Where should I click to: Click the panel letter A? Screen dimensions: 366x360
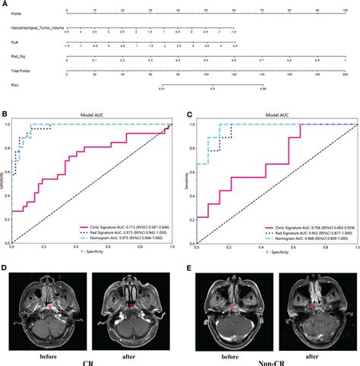click(5, 4)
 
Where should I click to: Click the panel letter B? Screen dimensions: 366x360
click(5, 114)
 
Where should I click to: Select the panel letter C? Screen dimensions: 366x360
click(189, 114)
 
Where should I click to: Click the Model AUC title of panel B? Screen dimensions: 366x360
click(90, 115)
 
